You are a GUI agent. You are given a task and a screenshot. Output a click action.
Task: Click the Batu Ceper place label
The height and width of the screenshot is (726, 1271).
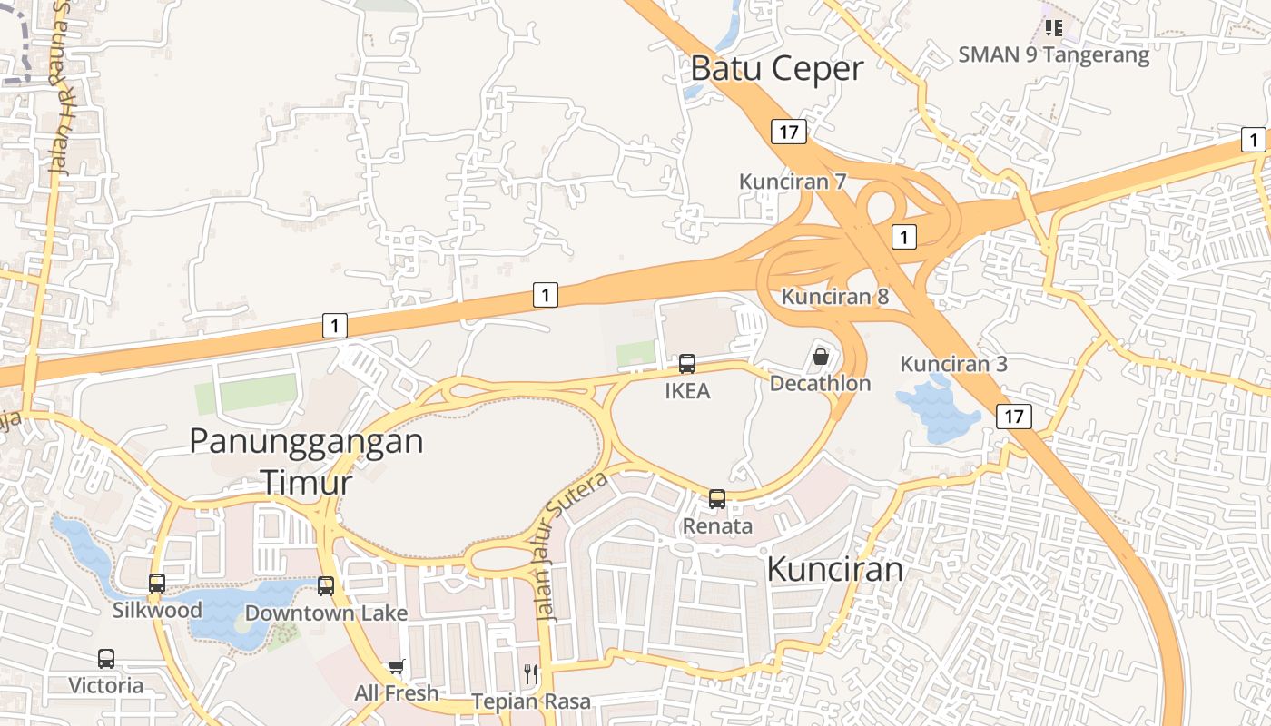(777, 68)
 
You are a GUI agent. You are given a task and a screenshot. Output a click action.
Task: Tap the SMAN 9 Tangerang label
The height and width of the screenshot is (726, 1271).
(1054, 54)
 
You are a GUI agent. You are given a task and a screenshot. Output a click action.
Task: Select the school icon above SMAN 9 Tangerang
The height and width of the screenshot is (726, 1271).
(1053, 28)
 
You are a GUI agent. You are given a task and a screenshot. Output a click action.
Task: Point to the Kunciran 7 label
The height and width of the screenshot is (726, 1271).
(793, 181)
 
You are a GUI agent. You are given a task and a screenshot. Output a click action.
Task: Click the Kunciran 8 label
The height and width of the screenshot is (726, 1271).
(835, 296)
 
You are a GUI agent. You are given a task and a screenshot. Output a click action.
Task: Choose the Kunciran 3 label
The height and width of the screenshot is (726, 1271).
(953, 364)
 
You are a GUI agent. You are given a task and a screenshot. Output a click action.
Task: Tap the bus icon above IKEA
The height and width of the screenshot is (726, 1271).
(687, 364)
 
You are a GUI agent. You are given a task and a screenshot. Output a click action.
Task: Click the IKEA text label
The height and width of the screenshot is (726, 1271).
(687, 391)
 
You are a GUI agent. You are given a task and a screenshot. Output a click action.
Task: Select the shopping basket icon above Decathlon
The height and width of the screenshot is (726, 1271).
(821, 357)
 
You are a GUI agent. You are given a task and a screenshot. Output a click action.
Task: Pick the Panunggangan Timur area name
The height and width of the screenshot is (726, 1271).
(306, 461)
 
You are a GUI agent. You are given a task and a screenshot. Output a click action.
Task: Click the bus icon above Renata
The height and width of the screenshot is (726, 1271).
(717, 498)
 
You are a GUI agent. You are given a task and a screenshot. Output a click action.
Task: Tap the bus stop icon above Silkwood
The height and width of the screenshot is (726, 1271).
(157, 584)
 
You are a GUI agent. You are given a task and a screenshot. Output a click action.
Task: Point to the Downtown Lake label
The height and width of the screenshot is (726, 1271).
(326, 613)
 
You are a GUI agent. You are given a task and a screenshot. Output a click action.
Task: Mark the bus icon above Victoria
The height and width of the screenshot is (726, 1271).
(106, 659)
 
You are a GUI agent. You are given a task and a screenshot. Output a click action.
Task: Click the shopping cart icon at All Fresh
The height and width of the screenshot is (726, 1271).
(396, 667)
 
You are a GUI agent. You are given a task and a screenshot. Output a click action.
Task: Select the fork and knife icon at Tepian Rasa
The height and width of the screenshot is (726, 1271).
(531, 673)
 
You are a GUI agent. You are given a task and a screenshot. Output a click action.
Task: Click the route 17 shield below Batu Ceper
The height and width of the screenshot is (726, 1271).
(788, 132)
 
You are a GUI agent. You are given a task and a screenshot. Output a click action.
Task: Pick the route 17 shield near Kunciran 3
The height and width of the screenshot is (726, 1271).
(1013, 417)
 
